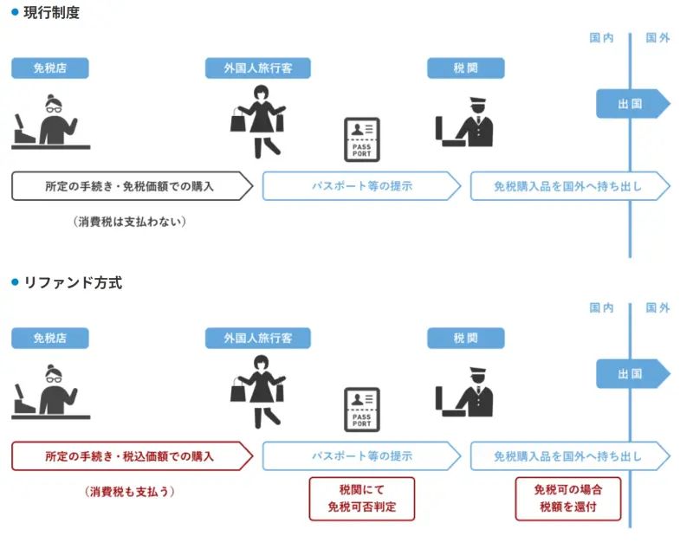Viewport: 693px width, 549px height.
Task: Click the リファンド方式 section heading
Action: coord(72,283)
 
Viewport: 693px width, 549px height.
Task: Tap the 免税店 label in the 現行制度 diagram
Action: coord(49,68)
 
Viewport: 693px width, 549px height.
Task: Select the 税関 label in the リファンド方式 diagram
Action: coord(465,339)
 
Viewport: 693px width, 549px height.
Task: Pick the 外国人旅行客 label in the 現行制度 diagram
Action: coord(257,68)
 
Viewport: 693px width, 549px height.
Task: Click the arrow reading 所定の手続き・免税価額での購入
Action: coord(130,186)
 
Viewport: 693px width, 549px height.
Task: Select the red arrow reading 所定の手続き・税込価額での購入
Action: coord(130,456)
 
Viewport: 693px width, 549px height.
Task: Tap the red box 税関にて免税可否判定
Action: coord(361,499)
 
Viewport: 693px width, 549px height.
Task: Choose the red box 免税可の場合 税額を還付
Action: coord(567,499)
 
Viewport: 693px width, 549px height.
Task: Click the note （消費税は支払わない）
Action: coord(130,222)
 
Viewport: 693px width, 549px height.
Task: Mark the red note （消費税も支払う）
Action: coord(130,492)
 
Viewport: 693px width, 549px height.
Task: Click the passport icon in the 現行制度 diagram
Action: coord(361,139)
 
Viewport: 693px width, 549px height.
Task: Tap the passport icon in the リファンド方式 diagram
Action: coord(361,410)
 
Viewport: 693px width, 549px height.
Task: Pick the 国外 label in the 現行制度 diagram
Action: coord(657,38)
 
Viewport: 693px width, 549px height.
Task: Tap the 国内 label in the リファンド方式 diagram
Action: coord(601,308)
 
